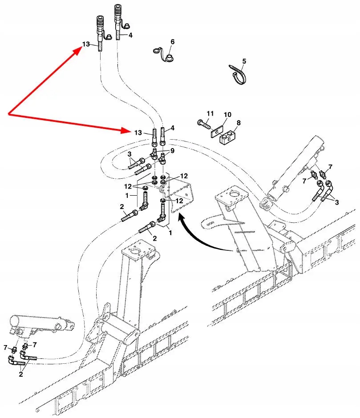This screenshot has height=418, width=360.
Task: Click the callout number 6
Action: (x=172, y=42)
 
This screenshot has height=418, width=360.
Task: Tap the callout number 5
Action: (x=244, y=61)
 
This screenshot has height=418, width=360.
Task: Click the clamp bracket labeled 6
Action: (x=166, y=55)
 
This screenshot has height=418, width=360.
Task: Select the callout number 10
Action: (x=227, y=115)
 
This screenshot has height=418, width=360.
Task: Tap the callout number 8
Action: (x=239, y=122)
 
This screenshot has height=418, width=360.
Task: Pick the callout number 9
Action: (x=172, y=151)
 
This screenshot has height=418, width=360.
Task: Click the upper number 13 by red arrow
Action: (x=86, y=44)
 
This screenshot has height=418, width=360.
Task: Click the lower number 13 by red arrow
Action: (x=138, y=133)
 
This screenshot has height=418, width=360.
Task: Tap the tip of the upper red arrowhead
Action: (x=81, y=49)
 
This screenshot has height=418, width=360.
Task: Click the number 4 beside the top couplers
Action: (x=130, y=35)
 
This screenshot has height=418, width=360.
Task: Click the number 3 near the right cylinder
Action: (x=336, y=202)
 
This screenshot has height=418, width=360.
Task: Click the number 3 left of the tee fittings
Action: (x=129, y=154)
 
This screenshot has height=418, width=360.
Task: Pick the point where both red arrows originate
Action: (x=9, y=115)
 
